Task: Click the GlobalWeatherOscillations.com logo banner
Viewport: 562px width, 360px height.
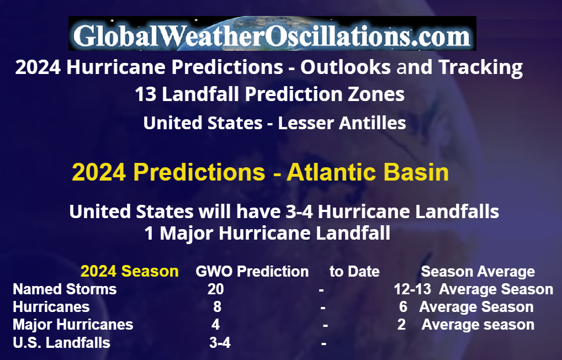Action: pos(272,33)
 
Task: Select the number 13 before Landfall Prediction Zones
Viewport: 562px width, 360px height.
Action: pos(146,94)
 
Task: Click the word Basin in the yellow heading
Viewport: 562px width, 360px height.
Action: pos(416,172)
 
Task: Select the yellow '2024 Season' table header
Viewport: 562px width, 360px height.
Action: pos(129,272)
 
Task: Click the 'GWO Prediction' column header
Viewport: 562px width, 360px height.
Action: pos(252,272)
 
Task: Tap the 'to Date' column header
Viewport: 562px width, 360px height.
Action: pos(354,272)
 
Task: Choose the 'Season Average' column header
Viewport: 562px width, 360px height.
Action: pos(478,272)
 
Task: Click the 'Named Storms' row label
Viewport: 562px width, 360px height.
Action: pos(65,289)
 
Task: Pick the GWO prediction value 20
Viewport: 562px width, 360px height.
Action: pos(215,289)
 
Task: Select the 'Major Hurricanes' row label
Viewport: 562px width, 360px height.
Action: pos(73,325)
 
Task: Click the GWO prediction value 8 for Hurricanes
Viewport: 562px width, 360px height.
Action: pos(217,307)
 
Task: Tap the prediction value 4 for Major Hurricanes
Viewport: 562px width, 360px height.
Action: pos(215,325)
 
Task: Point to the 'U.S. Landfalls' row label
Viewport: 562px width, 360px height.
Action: pos(61,343)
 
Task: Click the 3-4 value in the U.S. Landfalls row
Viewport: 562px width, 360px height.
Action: pos(220,343)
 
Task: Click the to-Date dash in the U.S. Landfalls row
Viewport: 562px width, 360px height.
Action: pos(324,343)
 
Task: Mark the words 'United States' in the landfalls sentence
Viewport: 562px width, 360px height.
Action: pos(131,211)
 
